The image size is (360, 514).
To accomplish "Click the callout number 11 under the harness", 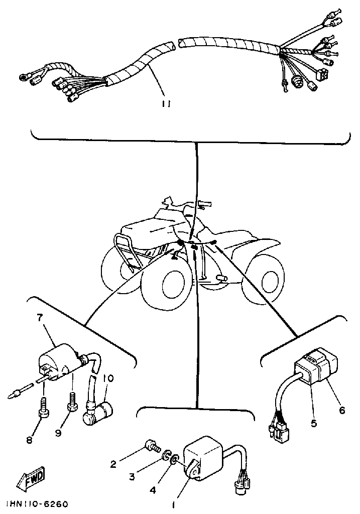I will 166,104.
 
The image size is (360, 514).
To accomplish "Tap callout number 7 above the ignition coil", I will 40,317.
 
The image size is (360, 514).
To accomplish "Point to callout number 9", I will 58,432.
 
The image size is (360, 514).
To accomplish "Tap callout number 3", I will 132,477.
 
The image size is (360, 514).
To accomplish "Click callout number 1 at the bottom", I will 174,504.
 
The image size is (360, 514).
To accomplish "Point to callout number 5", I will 314,423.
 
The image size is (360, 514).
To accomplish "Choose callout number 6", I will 342,410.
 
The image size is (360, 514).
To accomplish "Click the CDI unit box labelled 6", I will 316,371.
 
